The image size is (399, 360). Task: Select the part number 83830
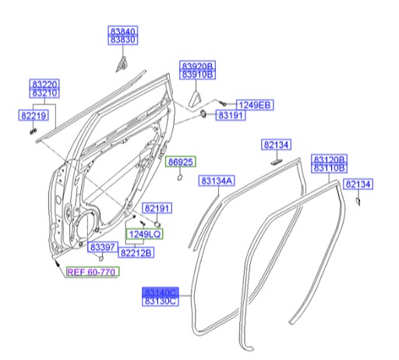[122, 39]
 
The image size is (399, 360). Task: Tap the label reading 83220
[44, 83]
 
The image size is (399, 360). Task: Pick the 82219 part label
[34, 115]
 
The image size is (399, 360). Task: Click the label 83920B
[198, 66]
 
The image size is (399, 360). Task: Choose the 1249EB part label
[254, 105]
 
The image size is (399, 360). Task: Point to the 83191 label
[231, 115]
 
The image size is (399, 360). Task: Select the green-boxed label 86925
[182, 161]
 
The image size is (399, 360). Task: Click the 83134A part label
[216, 181]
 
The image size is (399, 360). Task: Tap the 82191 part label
[157, 208]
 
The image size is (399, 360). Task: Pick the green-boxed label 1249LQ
[145, 233]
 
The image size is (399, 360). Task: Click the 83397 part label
[101, 248]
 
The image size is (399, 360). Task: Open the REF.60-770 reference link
[91, 272]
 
